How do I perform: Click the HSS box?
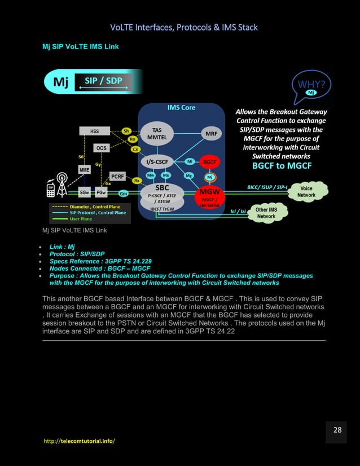click(95, 131)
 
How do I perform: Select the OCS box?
click(101, 148)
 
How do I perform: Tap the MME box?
click(85, 169)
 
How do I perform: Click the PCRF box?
click(118, 177)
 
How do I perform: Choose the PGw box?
click(102, 192)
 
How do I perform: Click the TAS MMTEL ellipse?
click(157, 134)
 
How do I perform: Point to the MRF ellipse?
click(209, 134)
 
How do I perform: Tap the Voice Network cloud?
click(306, 192)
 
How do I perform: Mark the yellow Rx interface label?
click(137, 181)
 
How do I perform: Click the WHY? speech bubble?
click(311, 86)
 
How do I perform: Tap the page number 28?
click(337, 430)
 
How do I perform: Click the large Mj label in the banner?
click(61, 83)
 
